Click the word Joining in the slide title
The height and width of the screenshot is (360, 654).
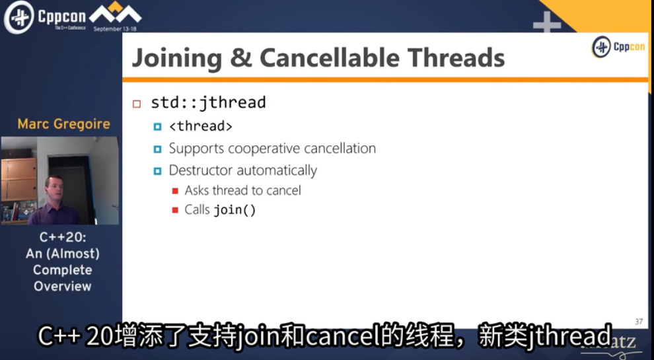tap(177, 58)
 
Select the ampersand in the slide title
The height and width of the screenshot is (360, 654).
tap(241, 57)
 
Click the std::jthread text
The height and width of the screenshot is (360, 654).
tap(208, 102)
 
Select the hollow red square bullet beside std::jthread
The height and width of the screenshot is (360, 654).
tap(137, 104)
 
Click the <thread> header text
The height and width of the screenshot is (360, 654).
tap(201, 126)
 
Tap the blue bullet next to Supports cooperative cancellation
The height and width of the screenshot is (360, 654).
tap(157, 149)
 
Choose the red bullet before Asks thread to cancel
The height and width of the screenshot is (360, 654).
tap(175, 191)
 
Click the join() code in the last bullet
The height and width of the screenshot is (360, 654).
tap(235, 210)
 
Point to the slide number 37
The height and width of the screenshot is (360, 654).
tap(639, 322)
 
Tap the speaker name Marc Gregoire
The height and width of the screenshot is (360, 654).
tap(64, 124)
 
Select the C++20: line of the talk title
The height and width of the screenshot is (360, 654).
tap(63, 237)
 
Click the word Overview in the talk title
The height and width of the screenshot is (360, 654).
tap(63, 287)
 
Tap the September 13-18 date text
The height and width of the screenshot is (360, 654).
tap(115, 29)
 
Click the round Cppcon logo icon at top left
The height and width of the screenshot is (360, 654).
tap(18, 17)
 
